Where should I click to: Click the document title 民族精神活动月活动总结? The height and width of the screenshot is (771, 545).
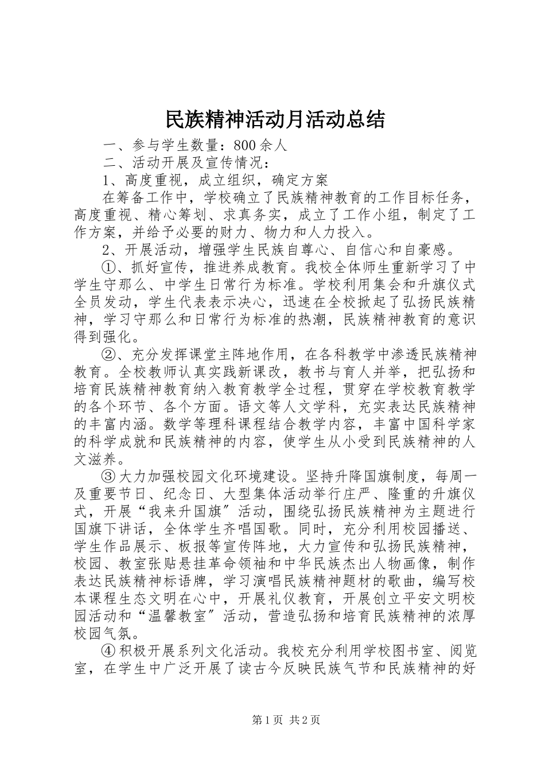coord(275,120)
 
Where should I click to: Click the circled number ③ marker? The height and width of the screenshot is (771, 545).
coord(108,476)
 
